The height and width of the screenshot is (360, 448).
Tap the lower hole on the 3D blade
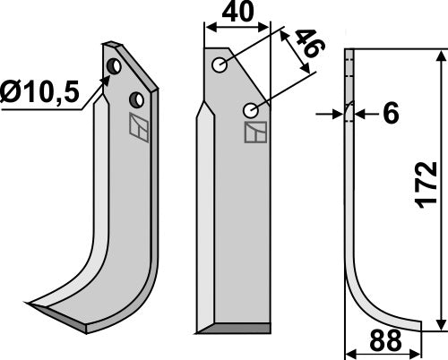(x=135, y=98)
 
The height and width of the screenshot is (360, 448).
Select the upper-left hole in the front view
(x=220, y=64)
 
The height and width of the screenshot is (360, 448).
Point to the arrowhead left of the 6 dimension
(x=340, y=115)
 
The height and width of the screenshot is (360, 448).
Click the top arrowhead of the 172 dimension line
(x=438, y=56)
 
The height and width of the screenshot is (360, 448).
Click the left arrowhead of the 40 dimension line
(x=210, y=27)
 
